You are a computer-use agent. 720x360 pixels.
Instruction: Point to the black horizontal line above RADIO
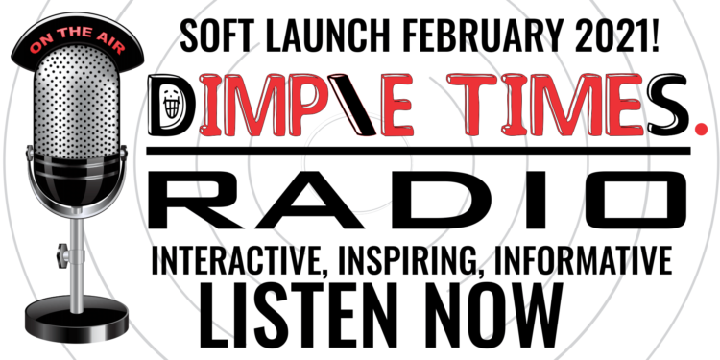[x=422, y=154]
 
